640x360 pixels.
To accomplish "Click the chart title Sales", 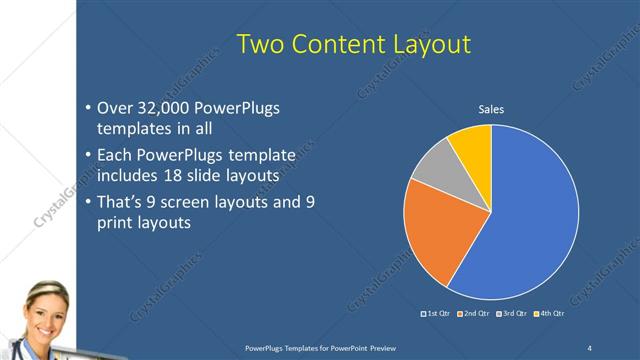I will tap(490, 109).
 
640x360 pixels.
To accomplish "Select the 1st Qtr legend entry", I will tap(436, 314).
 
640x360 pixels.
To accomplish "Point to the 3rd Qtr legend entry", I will tap(512, 314).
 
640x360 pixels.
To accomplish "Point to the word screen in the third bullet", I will tap(201, 202).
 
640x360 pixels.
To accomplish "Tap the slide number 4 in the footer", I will tap(589, 346).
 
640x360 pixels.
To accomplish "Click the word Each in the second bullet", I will tap(115, 155).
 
